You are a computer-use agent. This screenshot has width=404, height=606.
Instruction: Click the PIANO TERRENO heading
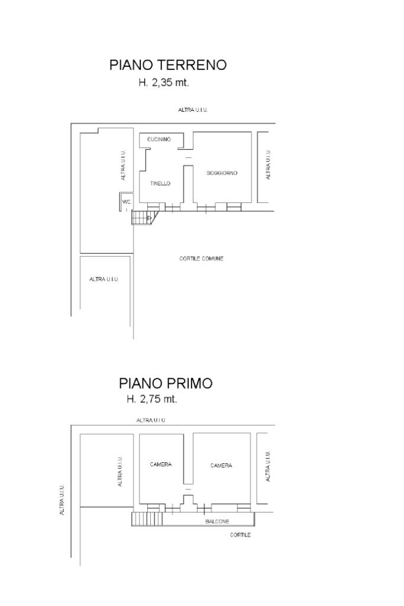tap(168, 65)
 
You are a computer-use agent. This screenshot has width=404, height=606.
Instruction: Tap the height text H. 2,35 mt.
tap(164, 82)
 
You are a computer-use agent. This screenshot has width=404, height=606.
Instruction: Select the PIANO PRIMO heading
tap(166, 383)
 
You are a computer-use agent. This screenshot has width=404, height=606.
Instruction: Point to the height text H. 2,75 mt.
tap(152, 399)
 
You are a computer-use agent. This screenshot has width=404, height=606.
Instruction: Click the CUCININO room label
tap(159, 139)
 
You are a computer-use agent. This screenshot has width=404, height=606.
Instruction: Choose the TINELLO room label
tap(160, 183)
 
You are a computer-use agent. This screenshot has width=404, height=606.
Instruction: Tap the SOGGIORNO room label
tap(222, 173)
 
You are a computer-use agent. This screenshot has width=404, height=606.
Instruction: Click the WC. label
tap(127, 202)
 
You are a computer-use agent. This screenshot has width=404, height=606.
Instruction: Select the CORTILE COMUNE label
tap(201, 259)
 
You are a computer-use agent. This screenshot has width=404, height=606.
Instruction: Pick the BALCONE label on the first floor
tap(217, 521)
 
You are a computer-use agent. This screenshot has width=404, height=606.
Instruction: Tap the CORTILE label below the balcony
tap(240, 535)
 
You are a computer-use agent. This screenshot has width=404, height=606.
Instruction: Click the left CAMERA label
tap(161, 464)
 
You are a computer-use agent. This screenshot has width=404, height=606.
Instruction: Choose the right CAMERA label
tap(221, 465)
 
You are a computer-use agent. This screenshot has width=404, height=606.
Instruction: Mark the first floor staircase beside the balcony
tap(147, 518)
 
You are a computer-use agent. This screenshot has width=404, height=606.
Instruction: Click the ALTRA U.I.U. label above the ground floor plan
tap(193, 109)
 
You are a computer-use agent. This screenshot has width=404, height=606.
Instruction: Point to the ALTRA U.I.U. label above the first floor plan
tap(151, 420)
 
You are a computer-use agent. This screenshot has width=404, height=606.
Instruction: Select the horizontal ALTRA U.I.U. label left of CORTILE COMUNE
tap(104, 279)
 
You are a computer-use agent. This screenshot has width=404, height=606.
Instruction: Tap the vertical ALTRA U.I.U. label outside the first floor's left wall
tap(62, 500)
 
